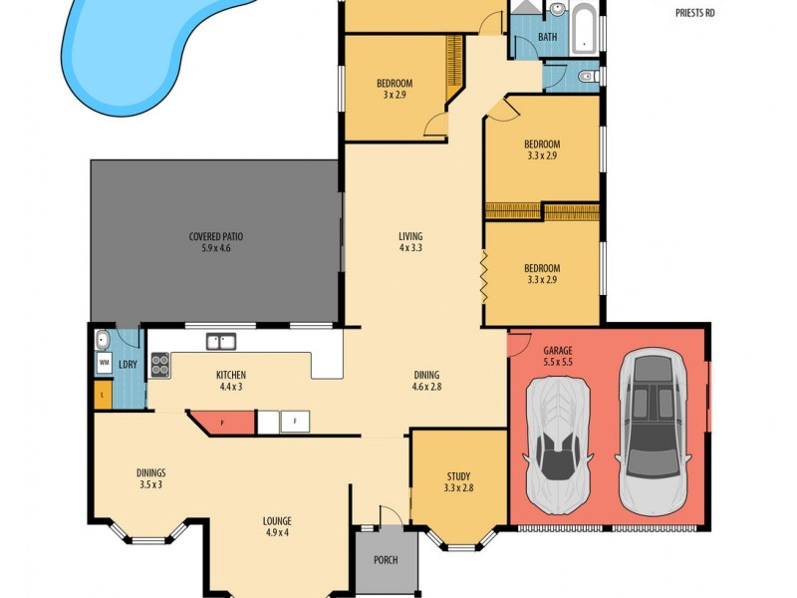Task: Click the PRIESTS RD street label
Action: pos(694,13)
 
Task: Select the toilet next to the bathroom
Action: pos(587,76)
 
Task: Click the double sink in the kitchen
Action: pos(220,342)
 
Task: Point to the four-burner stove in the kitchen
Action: pos(159,365)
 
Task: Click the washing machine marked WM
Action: pos(104,364)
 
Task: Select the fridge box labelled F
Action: pos(295,423)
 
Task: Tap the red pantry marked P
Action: pos(221,422)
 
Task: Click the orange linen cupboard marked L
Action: pos(101,398)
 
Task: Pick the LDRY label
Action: pos(128,365)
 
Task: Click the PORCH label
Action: pos(385,560)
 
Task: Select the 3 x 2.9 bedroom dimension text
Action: pos(395,96)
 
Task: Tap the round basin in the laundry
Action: pos(103,341)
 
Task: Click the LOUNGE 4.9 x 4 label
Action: pos(276,526)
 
